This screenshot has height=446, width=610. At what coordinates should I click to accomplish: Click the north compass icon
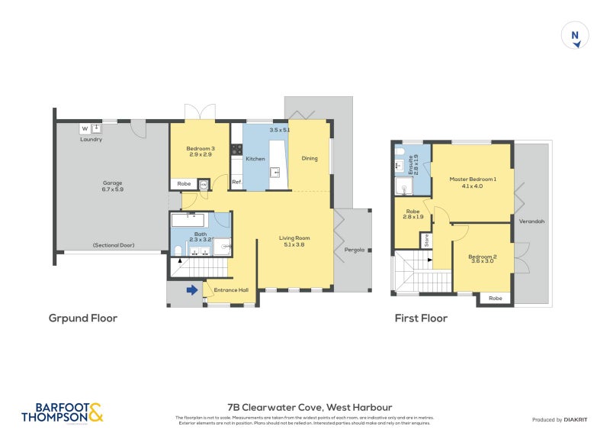[576, 36]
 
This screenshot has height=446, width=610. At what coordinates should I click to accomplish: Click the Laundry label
[91, 140]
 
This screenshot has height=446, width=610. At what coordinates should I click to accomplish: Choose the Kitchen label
[255, 158]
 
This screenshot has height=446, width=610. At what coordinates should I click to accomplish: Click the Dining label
[309, 158]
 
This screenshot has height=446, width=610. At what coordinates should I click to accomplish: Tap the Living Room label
[294, 242]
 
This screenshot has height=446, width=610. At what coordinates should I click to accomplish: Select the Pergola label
[353, 250]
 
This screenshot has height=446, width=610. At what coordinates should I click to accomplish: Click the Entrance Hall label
[231, 289]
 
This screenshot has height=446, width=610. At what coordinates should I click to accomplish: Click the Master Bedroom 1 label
[473, 183]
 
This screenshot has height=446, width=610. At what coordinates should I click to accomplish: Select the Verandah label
[532, 221]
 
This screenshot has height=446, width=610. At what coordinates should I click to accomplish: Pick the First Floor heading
[421, 318]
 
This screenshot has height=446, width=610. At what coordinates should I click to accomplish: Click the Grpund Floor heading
[83, 318]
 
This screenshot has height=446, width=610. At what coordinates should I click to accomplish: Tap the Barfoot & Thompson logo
[62, 412]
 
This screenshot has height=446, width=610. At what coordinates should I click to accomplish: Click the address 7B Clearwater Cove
[310, 408]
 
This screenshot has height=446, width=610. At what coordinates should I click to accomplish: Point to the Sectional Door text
[113, 245]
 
